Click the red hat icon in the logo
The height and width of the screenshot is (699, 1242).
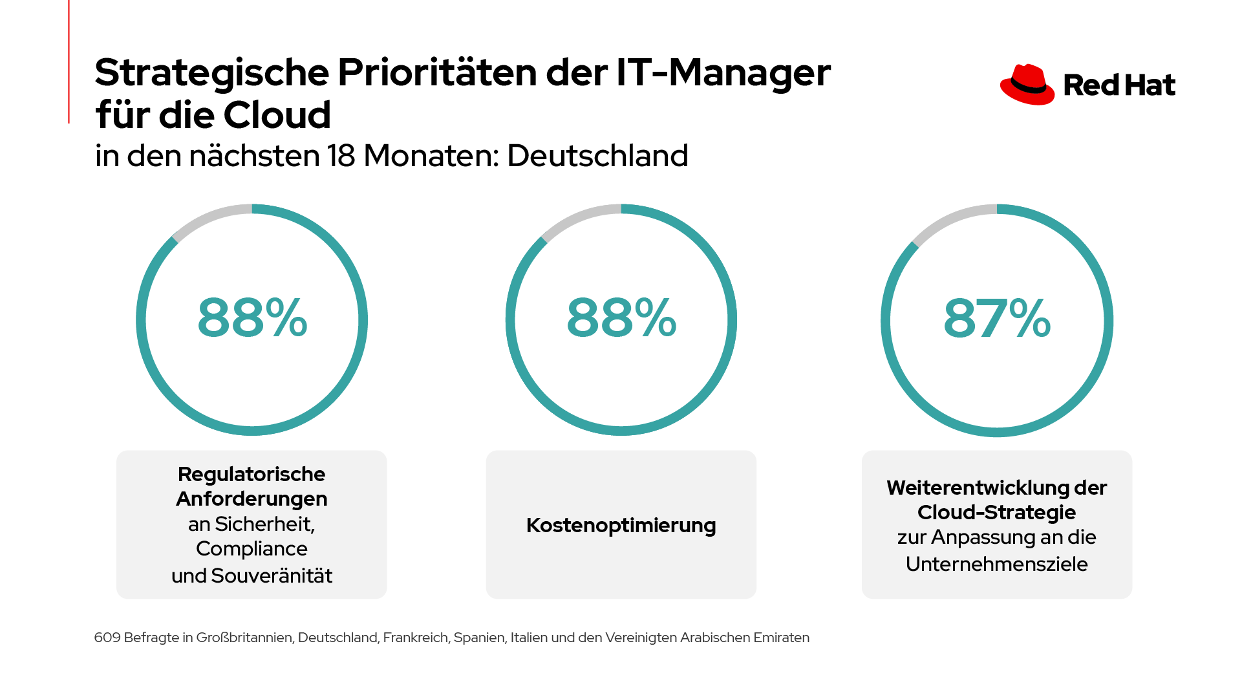[x=1027, y=85]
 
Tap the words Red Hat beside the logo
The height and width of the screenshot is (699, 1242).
[x=1119, y=85]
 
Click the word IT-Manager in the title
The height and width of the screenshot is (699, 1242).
[x=723, y=72]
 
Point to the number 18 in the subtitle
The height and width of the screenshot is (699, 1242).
[x=341, y=156]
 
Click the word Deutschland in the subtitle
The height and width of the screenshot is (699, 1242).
[x=597, y=156]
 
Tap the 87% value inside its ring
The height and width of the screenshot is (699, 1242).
[x=997, y=318]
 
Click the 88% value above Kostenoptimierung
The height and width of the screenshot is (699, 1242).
[x=621, y=317]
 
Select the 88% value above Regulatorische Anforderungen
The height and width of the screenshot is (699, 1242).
[x=252, y=317]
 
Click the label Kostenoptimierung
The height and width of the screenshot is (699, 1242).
[x=621, y=525]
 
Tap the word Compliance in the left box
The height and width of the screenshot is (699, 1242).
[x=252, y=549]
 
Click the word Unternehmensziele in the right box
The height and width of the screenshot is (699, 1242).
[x=996, y=564]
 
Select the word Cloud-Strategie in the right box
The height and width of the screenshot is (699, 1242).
[x=996, y=512]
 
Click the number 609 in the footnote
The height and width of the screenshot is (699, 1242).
[x=107, y=638]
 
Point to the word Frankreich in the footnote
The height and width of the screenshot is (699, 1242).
[x=415, y=638]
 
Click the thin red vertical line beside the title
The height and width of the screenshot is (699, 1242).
[x=69, y=61]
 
